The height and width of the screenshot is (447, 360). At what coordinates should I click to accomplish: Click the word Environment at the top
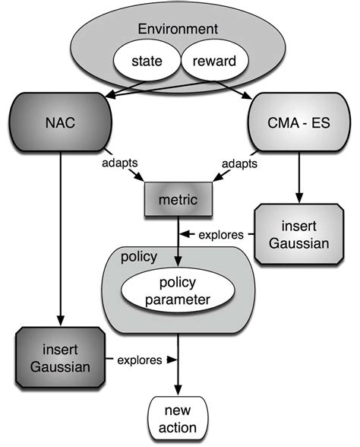[x=180, y=30]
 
